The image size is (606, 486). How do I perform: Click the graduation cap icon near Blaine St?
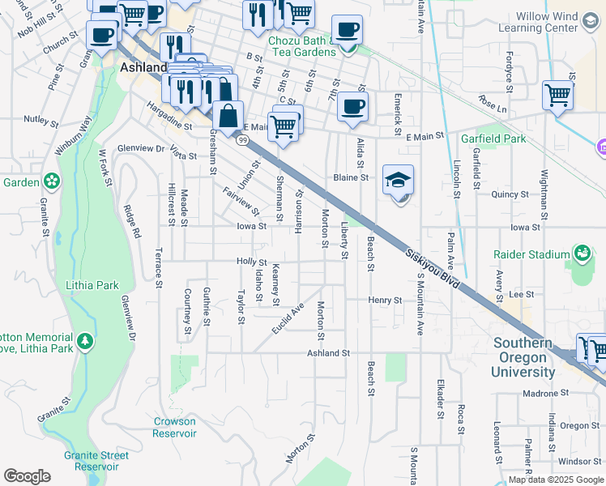point(399,182)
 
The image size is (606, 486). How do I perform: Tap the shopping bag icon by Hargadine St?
point(228,115)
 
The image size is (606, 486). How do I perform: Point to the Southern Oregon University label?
point(525,357)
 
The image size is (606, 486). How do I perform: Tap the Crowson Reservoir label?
point(175,427)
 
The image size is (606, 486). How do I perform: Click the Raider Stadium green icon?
point(582,254)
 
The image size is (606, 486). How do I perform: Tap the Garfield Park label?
point(493,139)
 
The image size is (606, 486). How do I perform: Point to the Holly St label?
point(251,262)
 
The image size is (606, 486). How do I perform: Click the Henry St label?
point(385,300)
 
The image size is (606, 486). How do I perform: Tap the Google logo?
point(27,476)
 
